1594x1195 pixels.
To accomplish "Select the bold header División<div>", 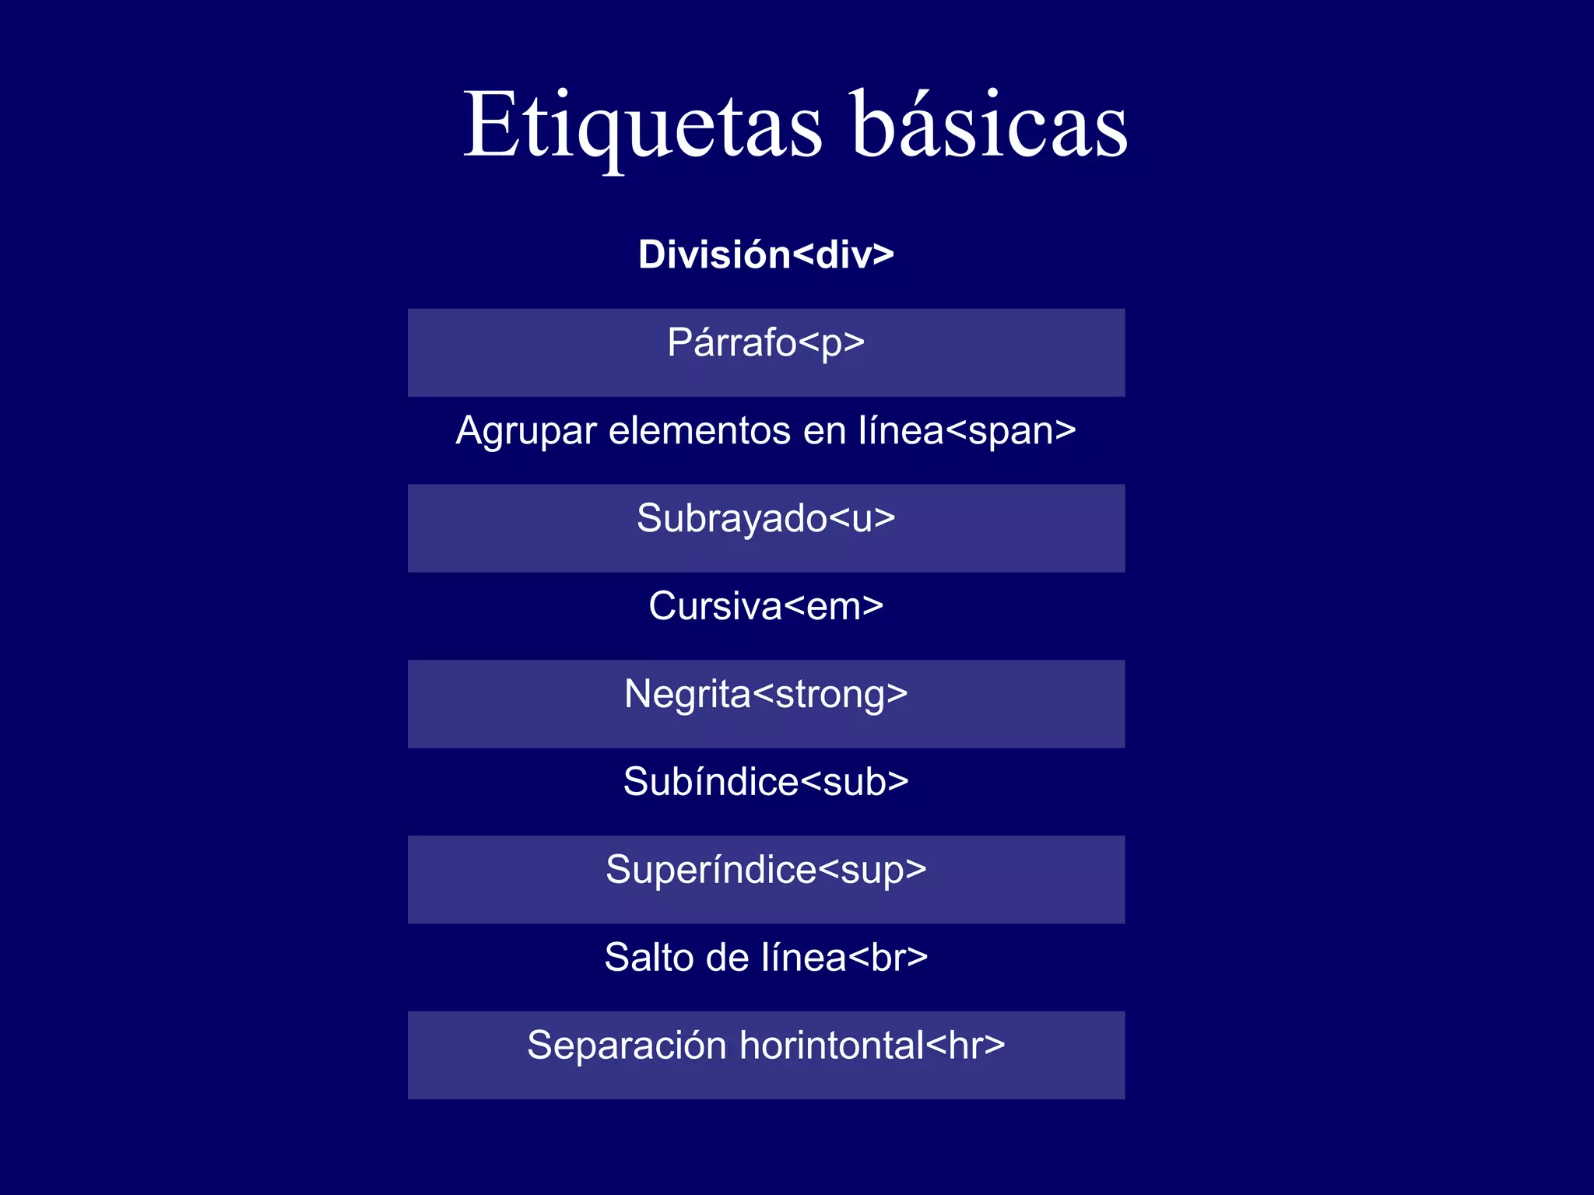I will (x=766, y=254).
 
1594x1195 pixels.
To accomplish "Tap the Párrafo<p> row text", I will (x=766, y=342).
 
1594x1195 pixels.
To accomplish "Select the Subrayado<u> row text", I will (x=766, y=518).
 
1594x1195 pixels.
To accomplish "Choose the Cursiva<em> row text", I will (x=766, y=606).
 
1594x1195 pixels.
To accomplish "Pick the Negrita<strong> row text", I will (x=766, y=694).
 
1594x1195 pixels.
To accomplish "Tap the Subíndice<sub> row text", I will (x=766, y=782).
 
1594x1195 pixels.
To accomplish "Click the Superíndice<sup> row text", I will (x=766, y=870).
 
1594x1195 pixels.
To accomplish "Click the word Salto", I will (x=649, y=958).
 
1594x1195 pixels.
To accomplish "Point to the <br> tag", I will (x=887, y=958).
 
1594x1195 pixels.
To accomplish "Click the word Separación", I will (x=627, y=1046).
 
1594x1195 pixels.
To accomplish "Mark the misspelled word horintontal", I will (x=831, y=1046).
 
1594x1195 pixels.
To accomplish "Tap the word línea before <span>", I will (x=901, y=430).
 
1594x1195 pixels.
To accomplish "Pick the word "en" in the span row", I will (x=824, y=431).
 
